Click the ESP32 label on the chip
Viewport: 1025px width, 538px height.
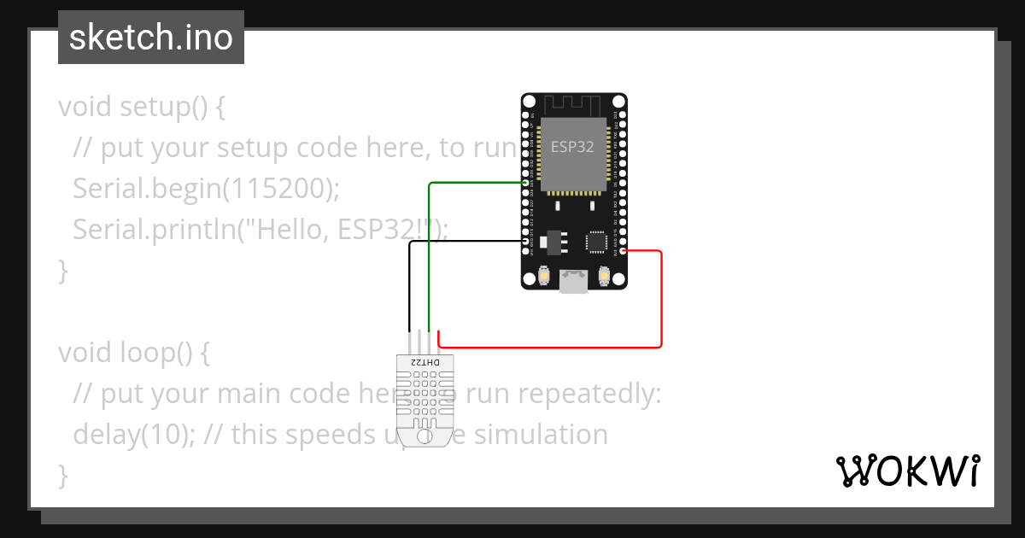pyautogui.click(x=573, y=146)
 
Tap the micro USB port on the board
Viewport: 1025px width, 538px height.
pyautogui.click(x=574, y=282)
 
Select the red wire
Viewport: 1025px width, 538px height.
pyautogui.click(x=661, y=299)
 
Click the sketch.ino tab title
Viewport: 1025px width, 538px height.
pyautogui.click(x=150, y=38)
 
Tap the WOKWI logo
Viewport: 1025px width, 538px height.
pyautogui.click(x=906, y=471)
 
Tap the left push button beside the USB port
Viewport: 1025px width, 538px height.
pyautogui.click(x=544, y=277)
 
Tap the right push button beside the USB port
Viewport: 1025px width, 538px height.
pyautogui.click(x=604, y=277)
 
